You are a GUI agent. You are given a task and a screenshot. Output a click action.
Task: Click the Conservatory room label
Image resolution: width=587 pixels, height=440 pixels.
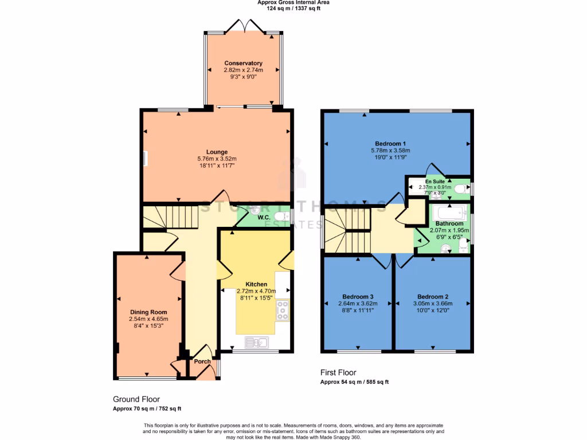(243, 63)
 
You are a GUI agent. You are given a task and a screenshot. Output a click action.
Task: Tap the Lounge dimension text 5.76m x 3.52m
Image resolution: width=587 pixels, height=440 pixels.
(217, 159)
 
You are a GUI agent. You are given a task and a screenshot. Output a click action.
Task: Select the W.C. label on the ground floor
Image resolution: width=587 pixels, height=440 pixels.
(264, 217)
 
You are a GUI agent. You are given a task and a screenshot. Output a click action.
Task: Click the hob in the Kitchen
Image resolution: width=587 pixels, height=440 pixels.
(282, 310)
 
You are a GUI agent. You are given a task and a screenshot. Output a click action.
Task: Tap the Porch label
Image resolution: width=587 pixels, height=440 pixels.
(202, 362)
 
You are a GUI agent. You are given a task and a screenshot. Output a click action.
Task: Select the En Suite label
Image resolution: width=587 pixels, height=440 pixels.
(435, 181)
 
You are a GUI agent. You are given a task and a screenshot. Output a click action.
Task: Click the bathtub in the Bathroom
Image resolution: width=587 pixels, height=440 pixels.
(450, 211)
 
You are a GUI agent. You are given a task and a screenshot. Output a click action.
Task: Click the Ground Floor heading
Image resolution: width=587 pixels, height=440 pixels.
(136, 399)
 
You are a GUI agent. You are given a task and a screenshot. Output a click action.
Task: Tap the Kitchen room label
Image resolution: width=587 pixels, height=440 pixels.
(256, 284)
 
